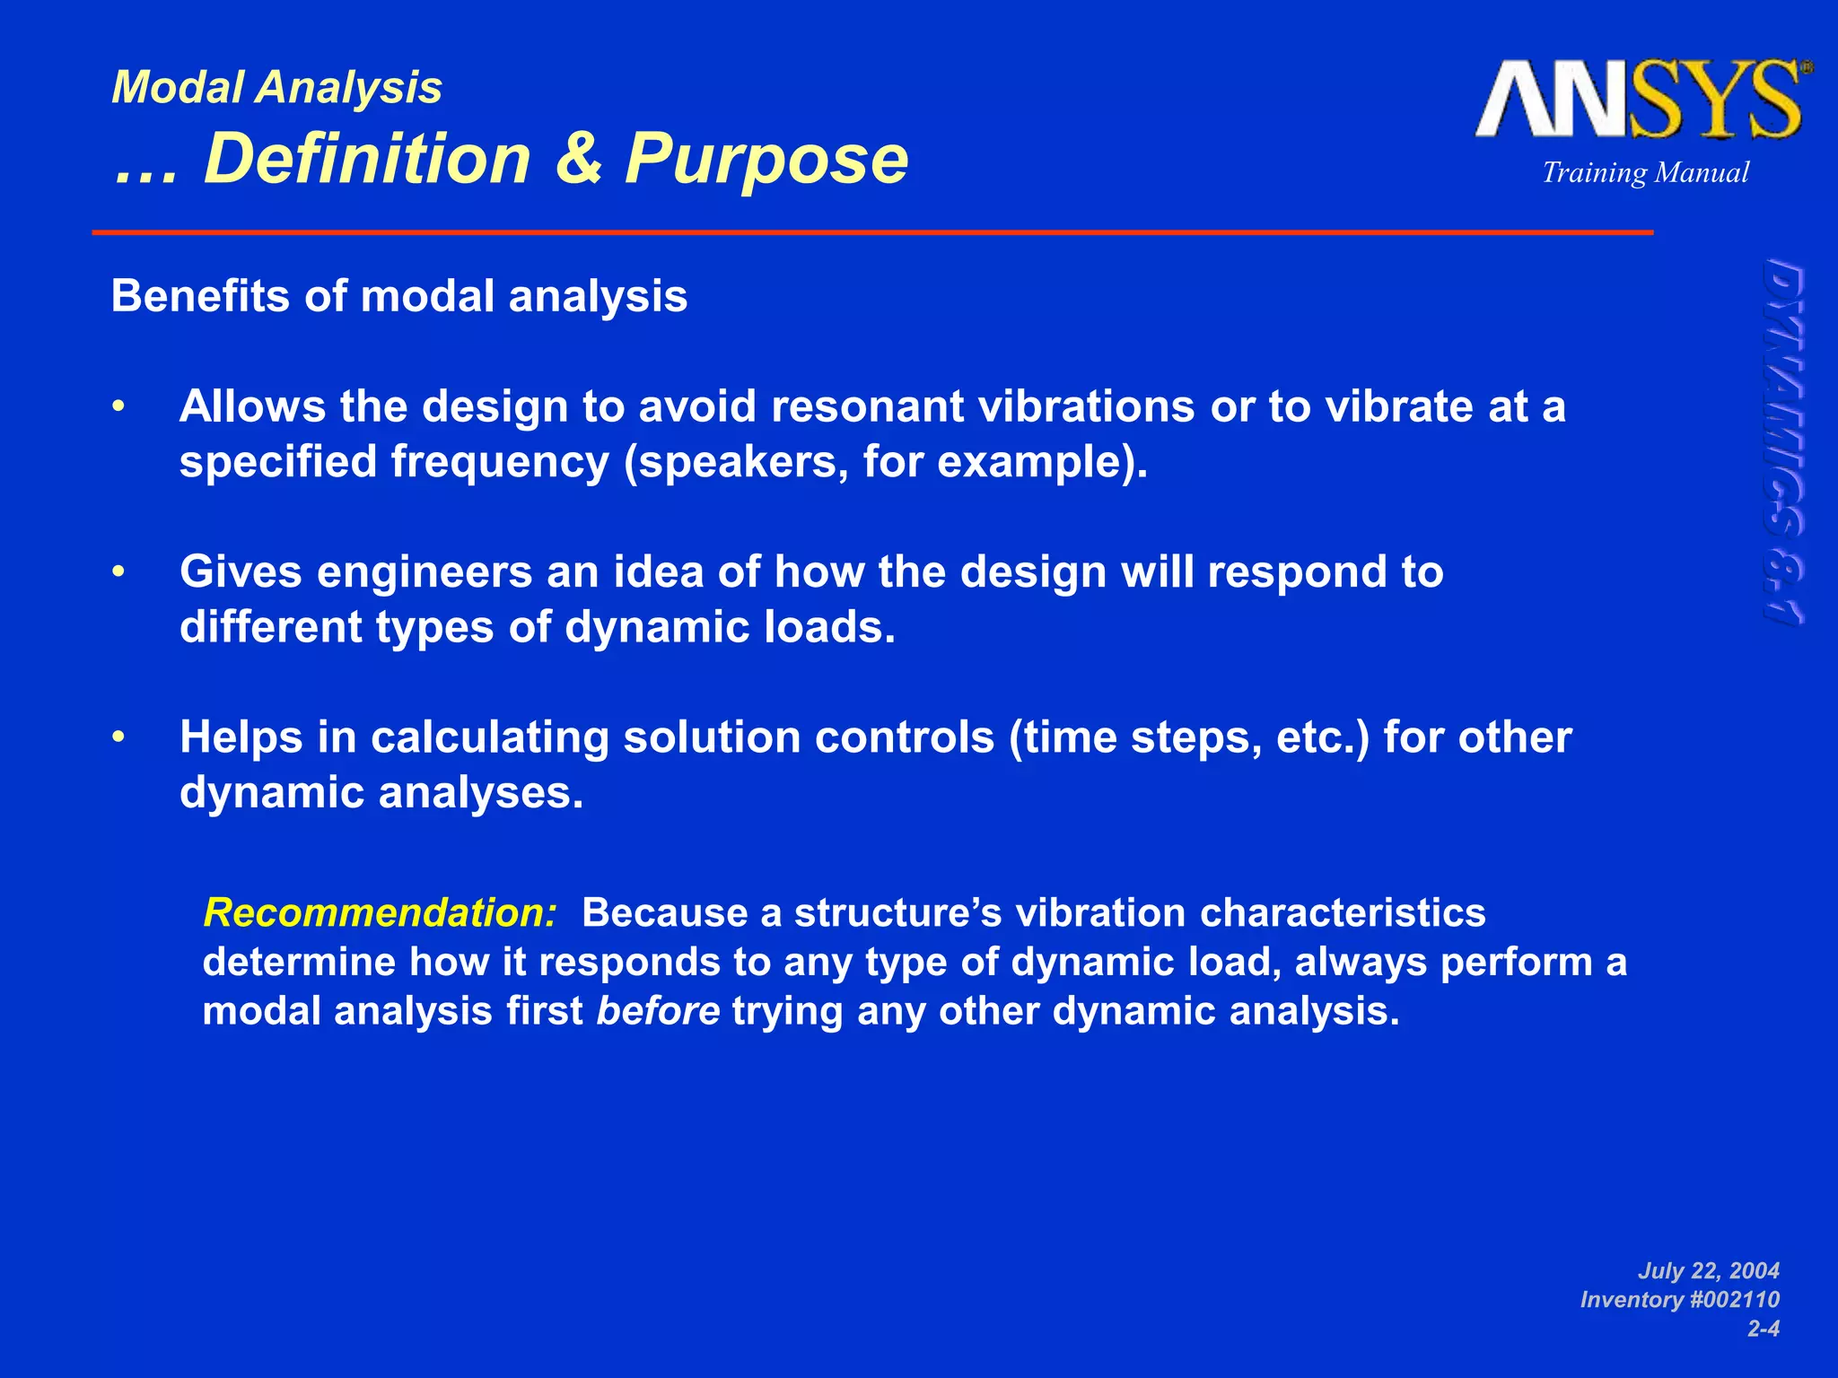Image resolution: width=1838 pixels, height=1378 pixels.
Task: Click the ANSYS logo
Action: (1643, 99)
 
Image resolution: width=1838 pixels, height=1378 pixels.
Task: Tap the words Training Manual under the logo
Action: (1645, 172)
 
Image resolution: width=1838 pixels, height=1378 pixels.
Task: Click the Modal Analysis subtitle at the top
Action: (276, 89)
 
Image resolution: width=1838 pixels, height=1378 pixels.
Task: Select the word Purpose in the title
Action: (766, 160)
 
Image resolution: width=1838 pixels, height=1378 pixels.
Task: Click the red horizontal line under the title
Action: (872, 232)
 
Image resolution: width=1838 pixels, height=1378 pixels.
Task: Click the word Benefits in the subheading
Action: (200, 296)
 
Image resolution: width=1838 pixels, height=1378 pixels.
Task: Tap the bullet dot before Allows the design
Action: (118, 407)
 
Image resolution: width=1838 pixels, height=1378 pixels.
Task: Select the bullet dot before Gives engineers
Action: (118, 572)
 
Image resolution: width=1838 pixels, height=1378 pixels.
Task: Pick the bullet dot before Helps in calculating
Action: (118, 737)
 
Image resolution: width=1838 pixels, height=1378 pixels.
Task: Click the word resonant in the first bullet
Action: (866, 407)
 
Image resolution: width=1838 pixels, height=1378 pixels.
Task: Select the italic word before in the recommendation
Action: (658, 1011)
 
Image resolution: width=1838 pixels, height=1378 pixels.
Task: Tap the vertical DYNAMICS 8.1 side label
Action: (1785, 441)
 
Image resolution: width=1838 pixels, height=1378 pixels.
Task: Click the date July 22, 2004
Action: (1709, 1270)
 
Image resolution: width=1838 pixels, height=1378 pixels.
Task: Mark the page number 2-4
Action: (1764, 1329)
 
